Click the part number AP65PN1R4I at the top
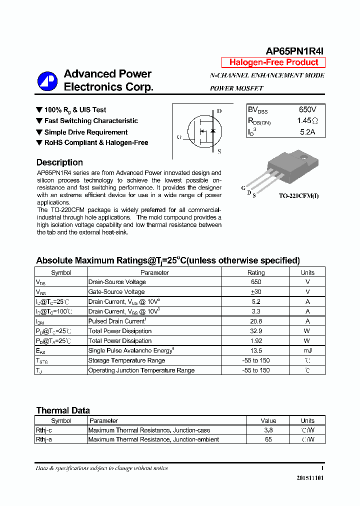295,51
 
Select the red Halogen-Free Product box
273,62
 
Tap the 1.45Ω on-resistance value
307,121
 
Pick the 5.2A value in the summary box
307,132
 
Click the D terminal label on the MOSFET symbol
219,111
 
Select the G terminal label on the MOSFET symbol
179,137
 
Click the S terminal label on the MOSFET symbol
219,151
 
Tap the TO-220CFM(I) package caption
298,196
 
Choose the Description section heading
59,162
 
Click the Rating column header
256,272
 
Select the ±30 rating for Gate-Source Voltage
256,292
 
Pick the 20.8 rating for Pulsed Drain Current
256,321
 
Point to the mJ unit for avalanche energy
307,351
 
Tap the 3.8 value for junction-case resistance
268,430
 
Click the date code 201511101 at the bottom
310,478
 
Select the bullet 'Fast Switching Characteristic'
91,121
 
